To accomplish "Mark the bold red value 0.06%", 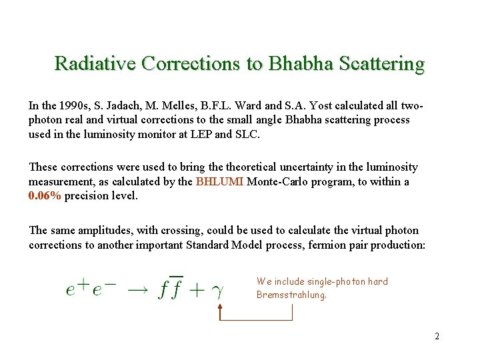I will tap(45, 195).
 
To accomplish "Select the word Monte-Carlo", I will tap(277, 181).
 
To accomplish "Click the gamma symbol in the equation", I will tap(217, 291).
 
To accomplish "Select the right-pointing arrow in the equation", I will tap(137, 290).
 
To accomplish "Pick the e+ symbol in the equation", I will tap(79, 289).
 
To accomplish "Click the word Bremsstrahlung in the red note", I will tap(291, 295).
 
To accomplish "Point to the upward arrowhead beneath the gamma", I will tap(220, 307).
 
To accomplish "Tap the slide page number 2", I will tap(437, 336).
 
